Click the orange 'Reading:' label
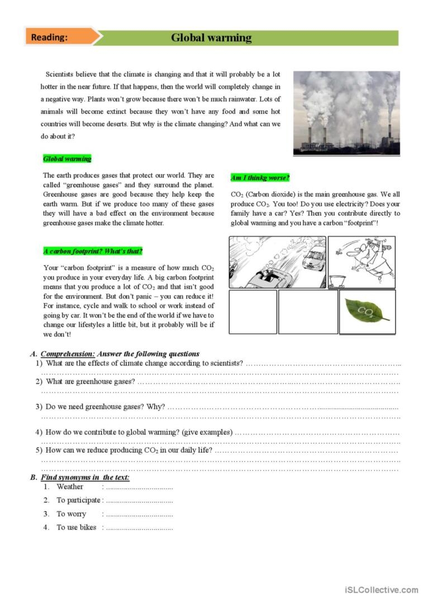[x=50, y=37]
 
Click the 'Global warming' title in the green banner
[x=211, y=38]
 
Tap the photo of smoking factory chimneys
[x=346, y=112]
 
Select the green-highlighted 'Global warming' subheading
[x=67, y=159]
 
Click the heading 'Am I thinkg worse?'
[x=260, y=178]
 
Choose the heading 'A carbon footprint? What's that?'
[x=93, y=251]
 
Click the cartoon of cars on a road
[x=277, y=262]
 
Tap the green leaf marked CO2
[x=367, y=311]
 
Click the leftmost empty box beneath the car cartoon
[x=253, y=312]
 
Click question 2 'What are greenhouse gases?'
[x=90, y=382]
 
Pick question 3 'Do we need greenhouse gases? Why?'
[x=105, y=406]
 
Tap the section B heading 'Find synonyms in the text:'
[x=85, y=478]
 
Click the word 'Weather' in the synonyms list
[x=70, y=487]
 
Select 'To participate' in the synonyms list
[x=78, y=500]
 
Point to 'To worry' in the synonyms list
[x=72, y=514]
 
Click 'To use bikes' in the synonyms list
[x=77, y=527]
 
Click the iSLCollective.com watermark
[x=382, y=590]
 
